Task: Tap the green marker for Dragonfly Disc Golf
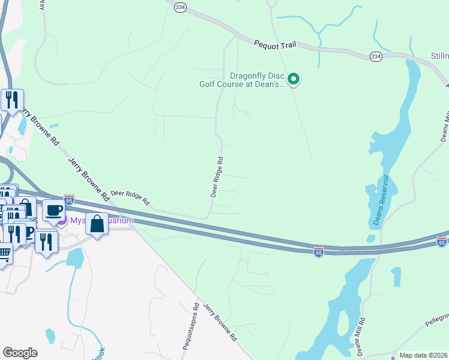[294, 79]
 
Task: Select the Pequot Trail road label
[275, 44]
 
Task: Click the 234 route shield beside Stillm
[376, 56]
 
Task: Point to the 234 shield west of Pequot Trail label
[181, 7]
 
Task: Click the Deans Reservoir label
[378, 200]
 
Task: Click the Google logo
[20, 353]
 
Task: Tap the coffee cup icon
[53, 210]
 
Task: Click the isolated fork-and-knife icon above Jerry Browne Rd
[11, 100]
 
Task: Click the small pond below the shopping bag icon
[75, 258]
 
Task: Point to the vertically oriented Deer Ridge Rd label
[217, 177]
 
